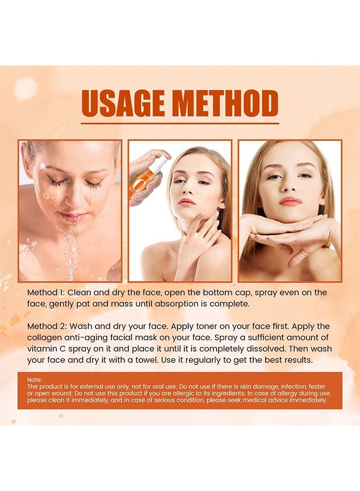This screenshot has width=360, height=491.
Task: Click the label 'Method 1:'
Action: [x=47, y=293]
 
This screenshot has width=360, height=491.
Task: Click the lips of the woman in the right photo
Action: [x=290, y=201]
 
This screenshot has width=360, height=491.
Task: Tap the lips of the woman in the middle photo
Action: [x=187, y=202]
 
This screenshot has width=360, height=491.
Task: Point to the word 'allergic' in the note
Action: [x=179, y=393]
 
